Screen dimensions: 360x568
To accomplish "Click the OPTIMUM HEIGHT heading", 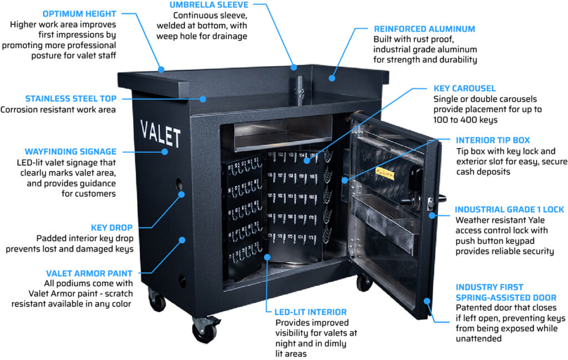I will pos(79,13).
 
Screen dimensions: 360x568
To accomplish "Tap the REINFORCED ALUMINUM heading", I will pos(424,29).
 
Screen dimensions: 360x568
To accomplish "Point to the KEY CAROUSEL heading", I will pos(464,88).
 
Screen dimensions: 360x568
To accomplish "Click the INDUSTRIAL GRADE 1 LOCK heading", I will pos(509,210).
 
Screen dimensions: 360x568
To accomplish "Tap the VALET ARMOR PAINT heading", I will pos(89,273).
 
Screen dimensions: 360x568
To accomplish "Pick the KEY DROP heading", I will pos(111,227).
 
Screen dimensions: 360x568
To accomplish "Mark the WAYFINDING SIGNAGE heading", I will pos(70,151).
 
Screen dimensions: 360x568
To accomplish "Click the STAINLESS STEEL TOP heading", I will pos(70,99).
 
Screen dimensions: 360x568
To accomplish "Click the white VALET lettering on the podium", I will pos(160,134).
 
